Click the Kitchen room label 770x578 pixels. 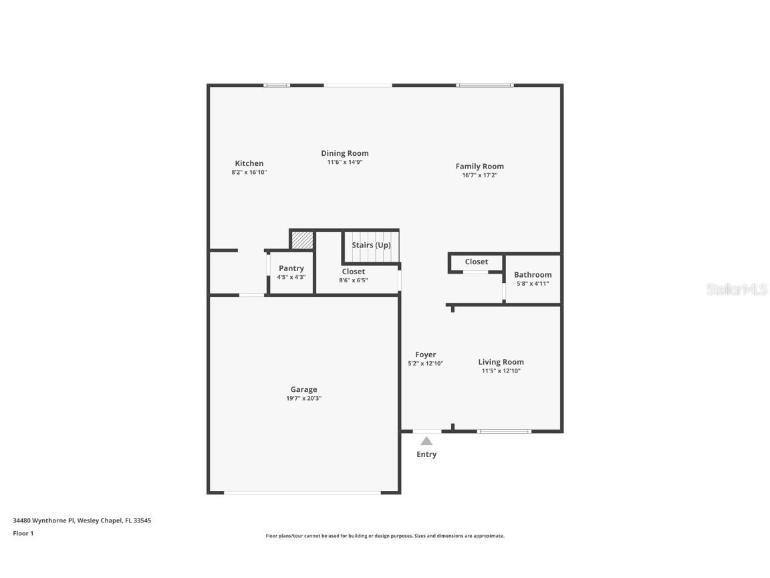[249, 163]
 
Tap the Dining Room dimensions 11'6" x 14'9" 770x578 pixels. [344, 162]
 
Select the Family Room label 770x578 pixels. [479, 167]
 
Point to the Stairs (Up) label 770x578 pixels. [371, 246]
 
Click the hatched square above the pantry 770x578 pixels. [302, 240]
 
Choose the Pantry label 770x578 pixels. [291, 268]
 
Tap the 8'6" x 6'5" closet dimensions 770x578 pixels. [353, 280]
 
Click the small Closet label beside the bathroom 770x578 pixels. [476, 262]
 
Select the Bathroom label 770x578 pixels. [532, 275]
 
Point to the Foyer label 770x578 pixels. [425, 355]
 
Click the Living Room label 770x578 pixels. [501, 362]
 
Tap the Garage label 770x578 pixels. [303, 389]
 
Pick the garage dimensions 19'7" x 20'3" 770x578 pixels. [303, 399]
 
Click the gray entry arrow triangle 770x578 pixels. [426, 441]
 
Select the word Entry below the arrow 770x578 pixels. [426, 455]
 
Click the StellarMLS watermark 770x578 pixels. [737, 290]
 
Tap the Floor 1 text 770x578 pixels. [23, 533]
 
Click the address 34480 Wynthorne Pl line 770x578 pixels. [82, 520]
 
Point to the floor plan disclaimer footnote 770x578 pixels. [385, 536]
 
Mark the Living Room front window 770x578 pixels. [504, 431]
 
